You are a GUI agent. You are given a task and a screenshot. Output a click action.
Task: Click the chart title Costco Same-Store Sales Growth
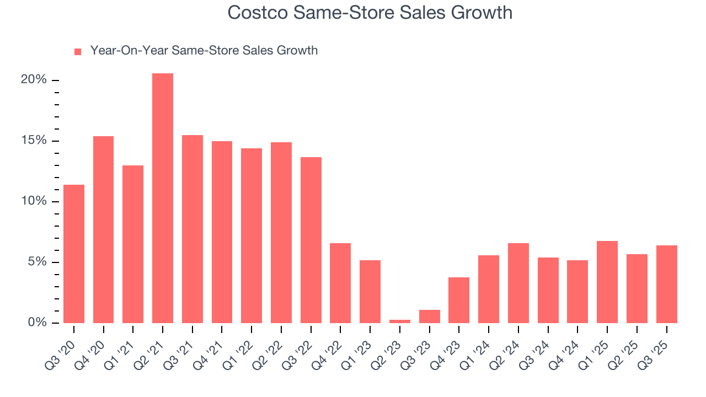coord(370,13)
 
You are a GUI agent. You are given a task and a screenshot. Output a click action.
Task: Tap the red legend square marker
coord(78,51)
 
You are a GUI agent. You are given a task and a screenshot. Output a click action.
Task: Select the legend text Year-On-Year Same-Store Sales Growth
coord(204,51)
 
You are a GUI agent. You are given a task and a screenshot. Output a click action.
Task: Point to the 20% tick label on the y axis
coord(34,80)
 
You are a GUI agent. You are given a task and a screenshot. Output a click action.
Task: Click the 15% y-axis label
coord(34,141)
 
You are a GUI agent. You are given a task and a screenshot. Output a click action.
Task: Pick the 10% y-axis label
coord(34,201)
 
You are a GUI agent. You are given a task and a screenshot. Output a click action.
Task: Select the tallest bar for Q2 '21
coord(163,198)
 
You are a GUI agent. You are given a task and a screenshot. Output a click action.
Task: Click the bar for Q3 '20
coord(74,254)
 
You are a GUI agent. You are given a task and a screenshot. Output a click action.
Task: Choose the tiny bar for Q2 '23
coord(400,321)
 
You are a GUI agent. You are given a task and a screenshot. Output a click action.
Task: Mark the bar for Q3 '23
coord(430,316)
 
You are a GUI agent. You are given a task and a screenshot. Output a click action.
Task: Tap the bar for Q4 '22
coord(340,283)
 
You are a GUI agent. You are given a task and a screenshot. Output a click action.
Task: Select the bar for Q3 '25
coord(666,284)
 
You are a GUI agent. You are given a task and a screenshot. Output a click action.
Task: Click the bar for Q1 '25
coord(607,282)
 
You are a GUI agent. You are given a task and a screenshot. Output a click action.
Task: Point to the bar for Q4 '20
coord(103,229)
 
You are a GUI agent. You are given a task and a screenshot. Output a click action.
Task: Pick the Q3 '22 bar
coord(311,240)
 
